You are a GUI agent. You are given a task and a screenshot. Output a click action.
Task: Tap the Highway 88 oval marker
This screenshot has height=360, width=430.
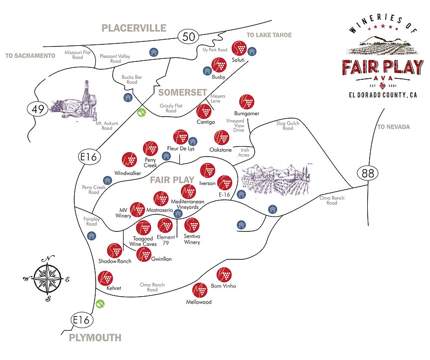[368, 174]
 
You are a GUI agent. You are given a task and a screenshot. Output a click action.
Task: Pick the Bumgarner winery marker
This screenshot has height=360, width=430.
[247, 102]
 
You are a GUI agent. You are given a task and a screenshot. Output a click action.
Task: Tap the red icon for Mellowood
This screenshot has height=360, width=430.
[199, 290]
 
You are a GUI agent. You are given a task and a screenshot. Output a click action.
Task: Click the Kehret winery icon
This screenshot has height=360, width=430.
[106, 277]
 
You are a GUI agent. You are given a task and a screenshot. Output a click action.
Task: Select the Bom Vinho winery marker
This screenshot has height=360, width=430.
[224, 274]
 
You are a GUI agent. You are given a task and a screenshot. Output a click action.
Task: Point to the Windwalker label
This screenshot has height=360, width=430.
[129, 173]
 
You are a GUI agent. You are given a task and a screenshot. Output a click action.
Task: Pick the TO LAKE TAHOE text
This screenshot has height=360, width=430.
[269, 35]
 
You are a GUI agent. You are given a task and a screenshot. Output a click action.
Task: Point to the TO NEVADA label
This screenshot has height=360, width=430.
[393, 127]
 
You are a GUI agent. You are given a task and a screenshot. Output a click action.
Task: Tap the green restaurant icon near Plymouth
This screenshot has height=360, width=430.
[100, 303]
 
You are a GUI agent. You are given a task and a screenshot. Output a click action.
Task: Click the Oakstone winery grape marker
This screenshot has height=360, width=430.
[221, 138]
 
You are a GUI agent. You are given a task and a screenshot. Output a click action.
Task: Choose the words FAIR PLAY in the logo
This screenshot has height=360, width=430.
[382, 67]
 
